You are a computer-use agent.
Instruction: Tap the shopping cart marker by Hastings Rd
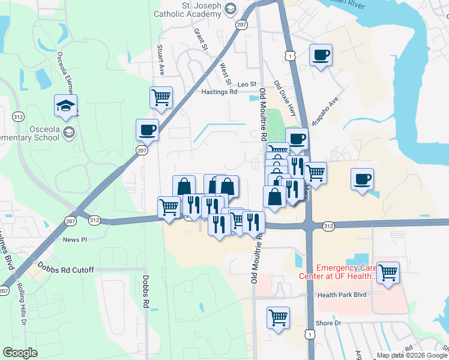[161, 97]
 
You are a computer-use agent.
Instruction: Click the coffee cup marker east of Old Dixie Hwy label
[321, 56]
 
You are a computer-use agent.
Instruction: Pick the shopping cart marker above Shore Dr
[278, 317]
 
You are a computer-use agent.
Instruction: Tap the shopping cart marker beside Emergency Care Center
[388, 272]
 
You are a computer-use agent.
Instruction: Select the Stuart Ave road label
[160, 59]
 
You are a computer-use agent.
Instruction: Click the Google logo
[20, 353]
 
